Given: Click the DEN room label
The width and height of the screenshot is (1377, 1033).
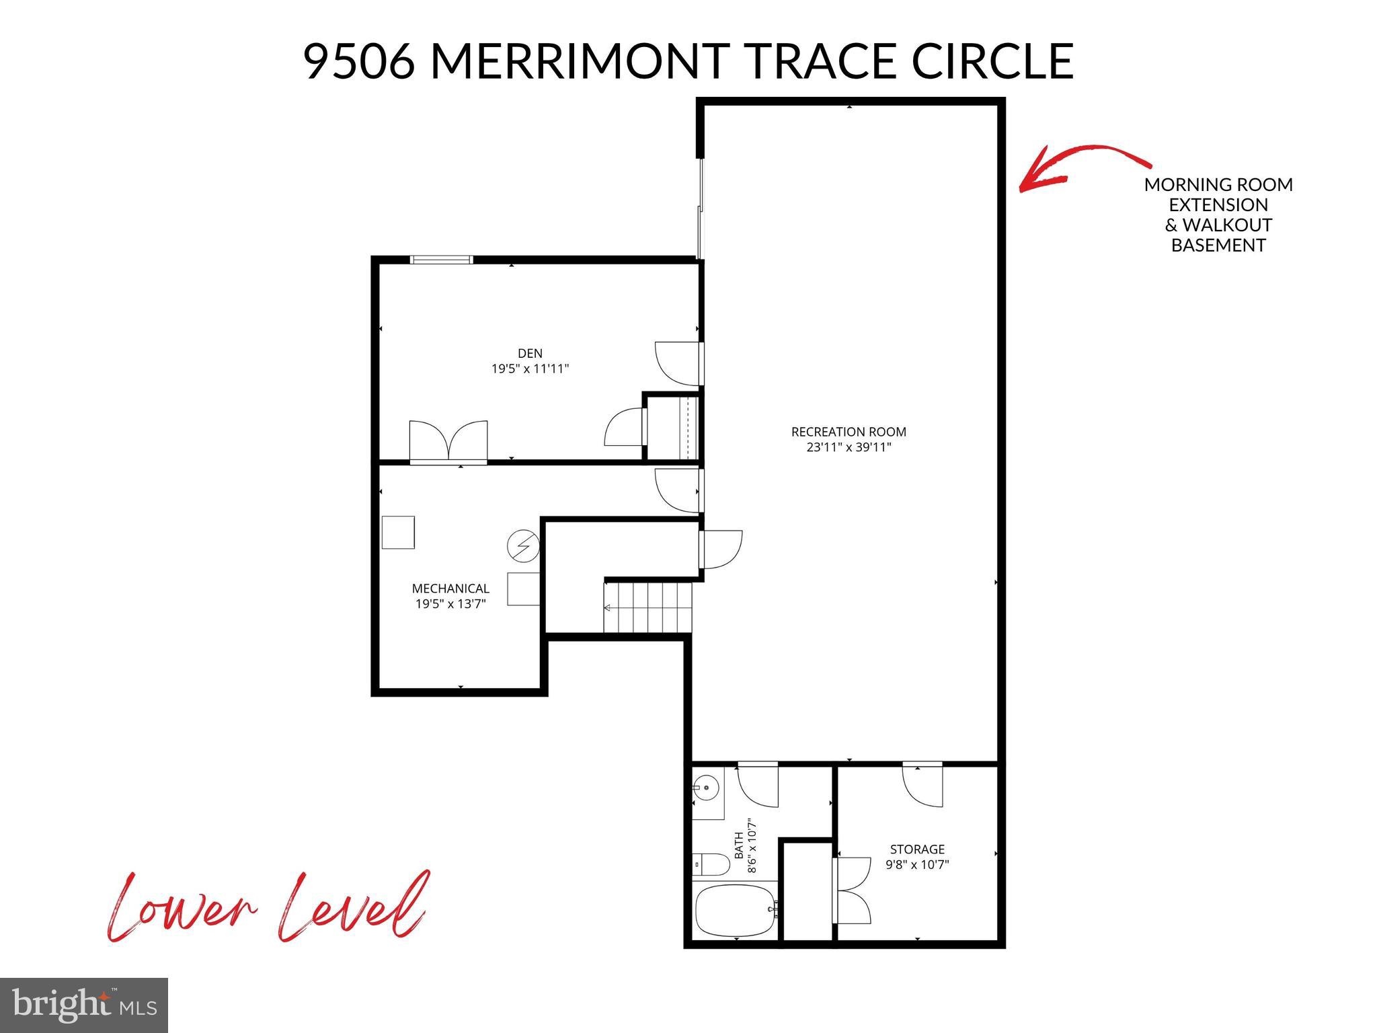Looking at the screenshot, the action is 530,353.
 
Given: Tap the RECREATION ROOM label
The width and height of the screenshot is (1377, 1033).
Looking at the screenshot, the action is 849,432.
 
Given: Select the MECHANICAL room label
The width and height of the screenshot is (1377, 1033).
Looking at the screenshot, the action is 450,588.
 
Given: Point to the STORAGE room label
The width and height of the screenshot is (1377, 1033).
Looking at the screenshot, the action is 917,849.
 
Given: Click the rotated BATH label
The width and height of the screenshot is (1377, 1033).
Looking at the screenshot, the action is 739,845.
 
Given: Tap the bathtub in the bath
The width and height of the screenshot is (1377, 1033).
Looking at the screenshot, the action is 736,909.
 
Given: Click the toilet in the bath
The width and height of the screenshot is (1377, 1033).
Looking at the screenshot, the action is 711,864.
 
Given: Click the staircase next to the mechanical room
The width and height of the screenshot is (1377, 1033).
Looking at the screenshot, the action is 648,607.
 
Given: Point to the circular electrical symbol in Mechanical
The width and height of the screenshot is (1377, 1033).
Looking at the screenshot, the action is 523,546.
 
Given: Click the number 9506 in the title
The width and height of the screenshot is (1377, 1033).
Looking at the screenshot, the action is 360,61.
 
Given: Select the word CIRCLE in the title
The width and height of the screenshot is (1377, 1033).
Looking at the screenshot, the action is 992,61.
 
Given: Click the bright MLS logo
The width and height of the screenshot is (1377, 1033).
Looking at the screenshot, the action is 84,1005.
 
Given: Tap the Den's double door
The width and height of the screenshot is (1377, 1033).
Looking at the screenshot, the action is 448,443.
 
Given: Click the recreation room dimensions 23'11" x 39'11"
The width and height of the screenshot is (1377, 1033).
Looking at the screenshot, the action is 849,447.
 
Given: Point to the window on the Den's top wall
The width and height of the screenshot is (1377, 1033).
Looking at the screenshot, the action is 442,260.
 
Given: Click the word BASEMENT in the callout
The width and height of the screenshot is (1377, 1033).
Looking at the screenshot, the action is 1218,245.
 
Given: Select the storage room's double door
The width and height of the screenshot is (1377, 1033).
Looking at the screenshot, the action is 851,890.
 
